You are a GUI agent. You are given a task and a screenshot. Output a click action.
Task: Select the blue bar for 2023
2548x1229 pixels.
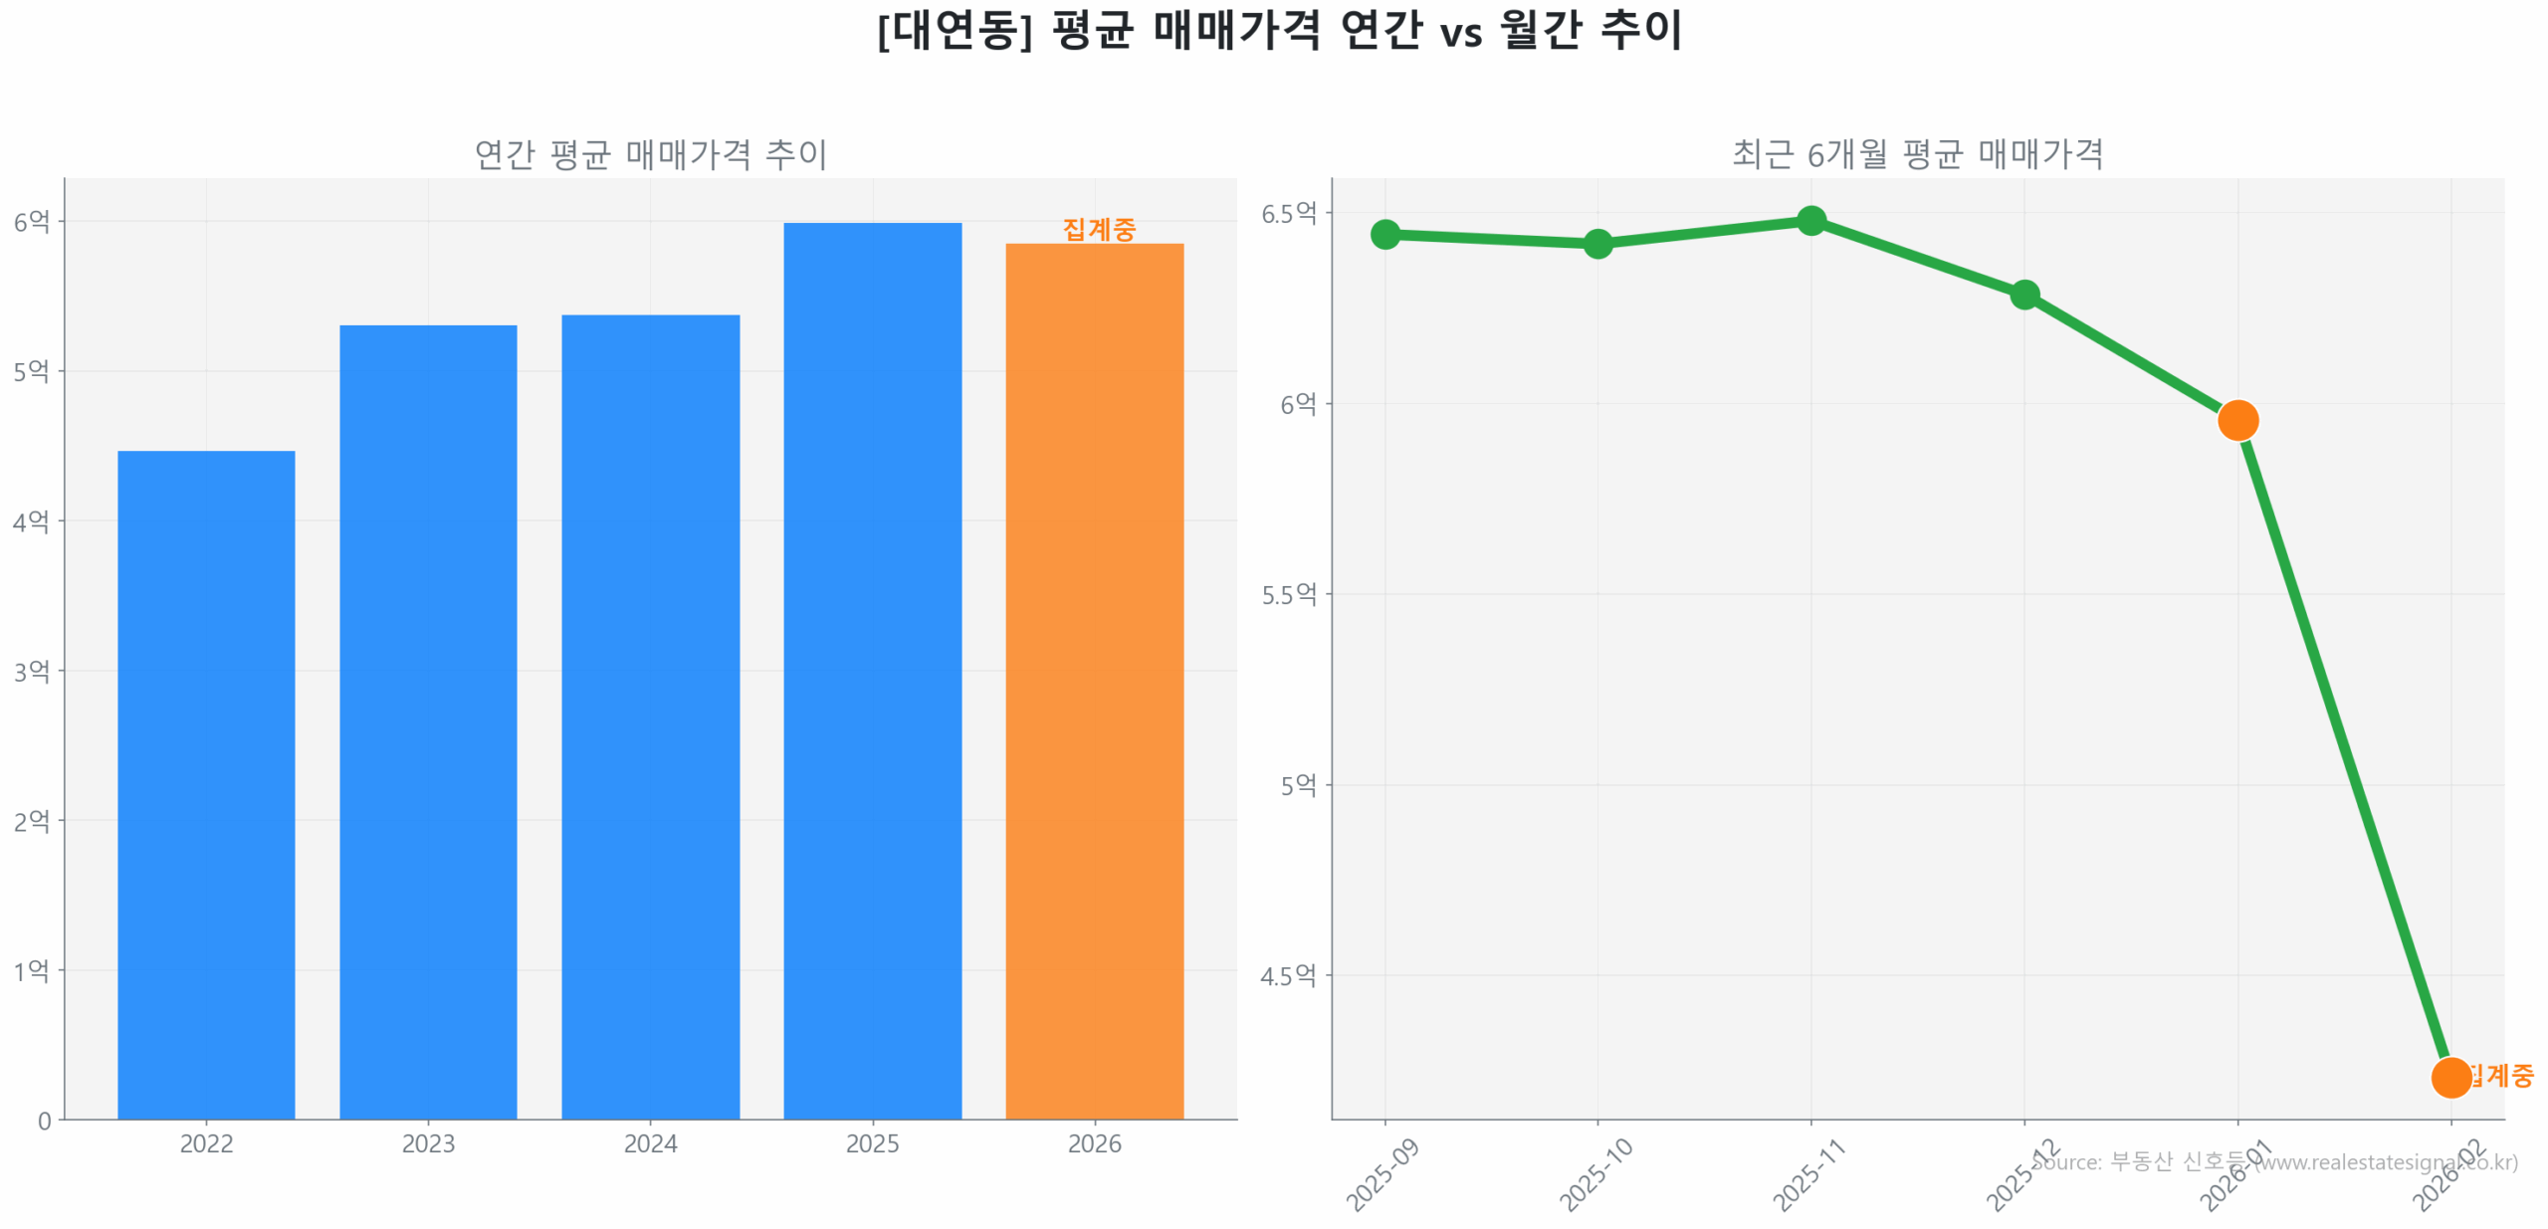pyautogui.click(x=428, y=721)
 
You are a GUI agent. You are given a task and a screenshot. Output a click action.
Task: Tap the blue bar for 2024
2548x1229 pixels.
pyautogui.click(x=650, y=717)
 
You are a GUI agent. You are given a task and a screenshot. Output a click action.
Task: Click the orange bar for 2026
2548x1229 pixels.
pyautogui.click(x=1094, y=681)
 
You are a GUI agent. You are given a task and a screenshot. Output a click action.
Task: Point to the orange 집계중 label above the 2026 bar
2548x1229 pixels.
pyautogui.click(x=1098, y=229)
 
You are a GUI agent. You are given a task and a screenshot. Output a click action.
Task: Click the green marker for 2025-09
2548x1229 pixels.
pyautogui.click(x=1384, y=234)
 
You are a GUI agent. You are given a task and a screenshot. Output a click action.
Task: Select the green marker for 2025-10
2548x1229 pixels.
pyautogui.click(x=1596, y=243)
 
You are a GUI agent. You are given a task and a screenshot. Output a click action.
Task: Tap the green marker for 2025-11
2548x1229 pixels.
pyautogui.click(x=1810, y=220)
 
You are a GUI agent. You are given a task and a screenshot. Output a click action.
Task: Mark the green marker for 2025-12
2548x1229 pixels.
pyautogui.click(x=2023, y=294)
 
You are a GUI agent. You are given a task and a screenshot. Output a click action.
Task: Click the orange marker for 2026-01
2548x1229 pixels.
pyautogui.click(x=2236, y=420)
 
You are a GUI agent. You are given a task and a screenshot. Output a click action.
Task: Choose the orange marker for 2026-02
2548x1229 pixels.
pyautogui.click(x=2449, y=1077)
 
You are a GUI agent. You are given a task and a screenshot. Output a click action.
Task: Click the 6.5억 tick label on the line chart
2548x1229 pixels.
pyautogui.click(x=1288, y=213)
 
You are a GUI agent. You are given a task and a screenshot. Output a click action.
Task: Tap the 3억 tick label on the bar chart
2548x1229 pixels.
pyautogui.click(x=31, y=671)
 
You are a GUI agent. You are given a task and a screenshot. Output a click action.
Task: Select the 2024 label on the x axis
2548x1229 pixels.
pyautogui.click(x=650, y=1143)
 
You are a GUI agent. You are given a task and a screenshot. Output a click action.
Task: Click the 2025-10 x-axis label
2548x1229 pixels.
pyautogui.click(x=1594, y=1175)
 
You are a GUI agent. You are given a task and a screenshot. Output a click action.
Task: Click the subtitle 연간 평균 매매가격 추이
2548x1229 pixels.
pyautogui.click(x=650, y=154)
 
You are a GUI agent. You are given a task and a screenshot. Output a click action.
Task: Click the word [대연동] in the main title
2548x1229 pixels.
pyautogui.click(x=954, y=30)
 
